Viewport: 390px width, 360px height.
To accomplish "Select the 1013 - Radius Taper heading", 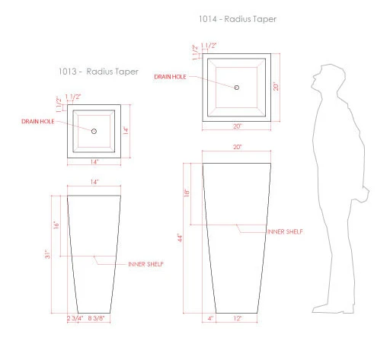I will (x=98, y=72).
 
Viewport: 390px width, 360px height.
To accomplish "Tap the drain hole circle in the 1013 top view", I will (x=94, y=131).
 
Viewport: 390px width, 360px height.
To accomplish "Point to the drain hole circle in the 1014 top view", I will (x=236, y=88).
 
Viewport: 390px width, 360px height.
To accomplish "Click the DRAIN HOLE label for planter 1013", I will (x=37, y=121).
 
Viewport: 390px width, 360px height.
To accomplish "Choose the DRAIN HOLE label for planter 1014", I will (x=171, y=77).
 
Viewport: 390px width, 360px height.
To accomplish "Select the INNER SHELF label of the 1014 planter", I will (x=286, y=231).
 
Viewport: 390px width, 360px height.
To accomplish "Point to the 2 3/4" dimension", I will (x=75, y=318).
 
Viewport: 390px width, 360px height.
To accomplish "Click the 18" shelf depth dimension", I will (x=186, y=193).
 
